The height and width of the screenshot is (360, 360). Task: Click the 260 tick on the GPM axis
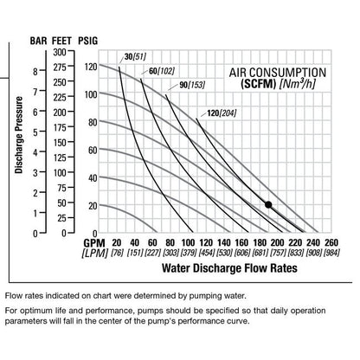point(332,241)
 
